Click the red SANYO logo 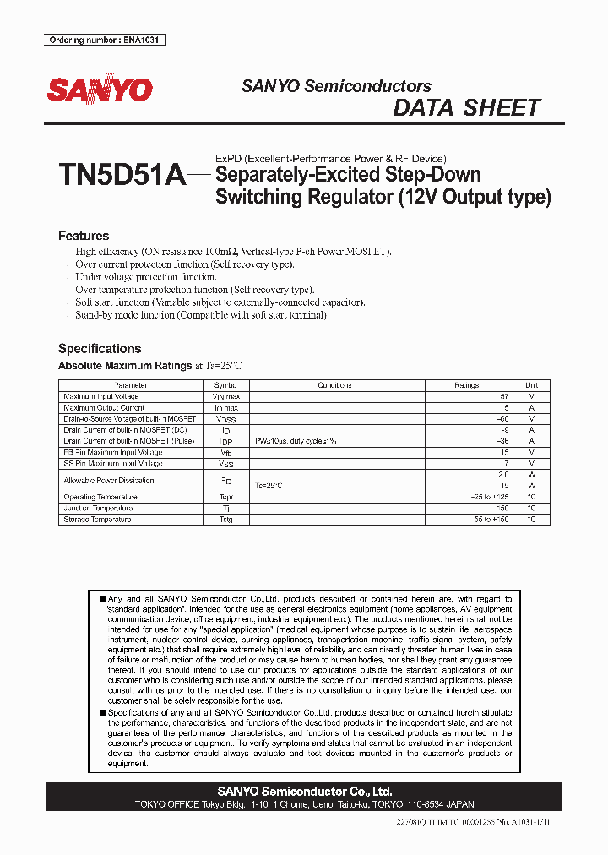point(100,90)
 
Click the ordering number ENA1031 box point(104,40)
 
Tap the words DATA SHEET point(466,108)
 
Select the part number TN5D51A point(122,176)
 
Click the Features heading point(84,236)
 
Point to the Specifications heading point(100,348)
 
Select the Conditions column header point(334,385)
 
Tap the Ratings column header point(466,385)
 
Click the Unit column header point(531,385)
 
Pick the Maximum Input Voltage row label point(101,396)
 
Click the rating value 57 point(504,396)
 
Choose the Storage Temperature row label point(97,520)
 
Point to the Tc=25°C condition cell point(269,486)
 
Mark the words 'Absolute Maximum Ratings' point(125,366)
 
